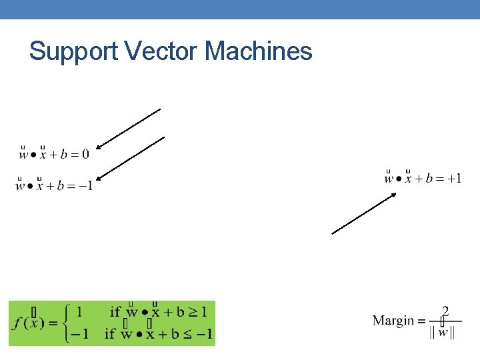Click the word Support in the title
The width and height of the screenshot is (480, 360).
coord(73,51)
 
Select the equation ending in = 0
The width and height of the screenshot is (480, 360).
coord(54,155)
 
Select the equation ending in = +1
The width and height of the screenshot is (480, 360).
coord(423,179)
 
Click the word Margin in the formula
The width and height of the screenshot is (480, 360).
coord(393,321)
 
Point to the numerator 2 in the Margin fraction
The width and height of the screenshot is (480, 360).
coord(445,311)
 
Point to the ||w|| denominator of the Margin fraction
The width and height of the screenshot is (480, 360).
coord(443,332)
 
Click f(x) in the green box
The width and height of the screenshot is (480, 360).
coord(29,322)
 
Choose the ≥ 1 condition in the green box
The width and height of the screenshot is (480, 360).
coord(199,311)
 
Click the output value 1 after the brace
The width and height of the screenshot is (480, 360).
coord(79,311)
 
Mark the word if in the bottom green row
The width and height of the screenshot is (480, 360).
coord(110,333)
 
